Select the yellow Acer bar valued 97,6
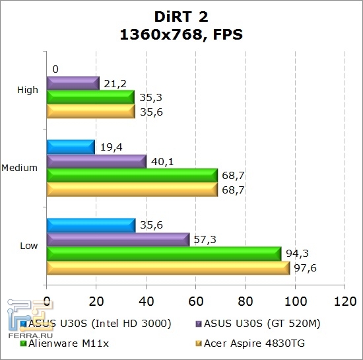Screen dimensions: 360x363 tap(168, 268)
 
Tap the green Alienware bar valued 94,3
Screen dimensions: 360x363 tap(164, 253)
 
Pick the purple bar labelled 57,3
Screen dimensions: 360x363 tap(117, 239)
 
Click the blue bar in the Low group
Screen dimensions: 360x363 tap(90, 225)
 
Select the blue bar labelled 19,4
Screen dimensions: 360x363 tap(71, 147)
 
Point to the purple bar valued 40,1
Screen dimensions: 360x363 tap(96, 161)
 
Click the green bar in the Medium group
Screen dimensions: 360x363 tap(132, 175)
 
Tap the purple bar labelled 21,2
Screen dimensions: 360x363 tap(73, 83)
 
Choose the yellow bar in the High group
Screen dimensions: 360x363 tap(90, 112)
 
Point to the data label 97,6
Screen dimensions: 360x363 tap(306, 267)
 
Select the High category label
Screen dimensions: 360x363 tap(28, 90)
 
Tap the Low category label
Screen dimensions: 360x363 tap(29, 246)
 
